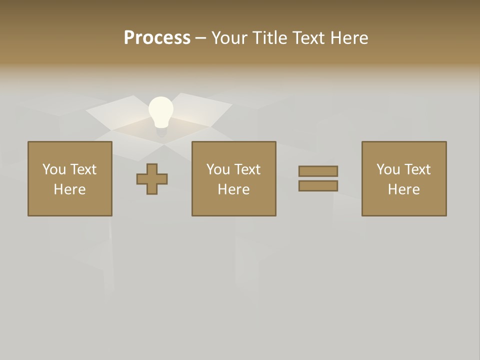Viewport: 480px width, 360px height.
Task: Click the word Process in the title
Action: [x=157, y=38]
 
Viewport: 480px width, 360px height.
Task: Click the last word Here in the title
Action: [x=348, y=38]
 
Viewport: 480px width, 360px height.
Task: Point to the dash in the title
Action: [x=200, y=38]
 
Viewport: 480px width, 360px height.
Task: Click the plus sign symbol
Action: [x=152, y=179]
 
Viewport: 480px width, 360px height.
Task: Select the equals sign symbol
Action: [x=318, y=178]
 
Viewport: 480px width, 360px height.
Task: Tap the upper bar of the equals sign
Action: [x=318, y=171]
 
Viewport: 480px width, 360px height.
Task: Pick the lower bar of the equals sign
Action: [x=318, y=185]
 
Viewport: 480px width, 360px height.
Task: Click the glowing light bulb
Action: [x=161, y=112]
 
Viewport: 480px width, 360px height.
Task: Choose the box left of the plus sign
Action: [x=70, y=178]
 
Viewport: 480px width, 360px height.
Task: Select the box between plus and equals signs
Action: [x=233, y=178]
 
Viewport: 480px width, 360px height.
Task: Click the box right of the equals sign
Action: [x=404, y=178]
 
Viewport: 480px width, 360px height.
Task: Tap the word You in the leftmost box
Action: [x=54, y=169]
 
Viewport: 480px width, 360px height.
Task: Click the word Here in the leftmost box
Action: [x=70, y=189]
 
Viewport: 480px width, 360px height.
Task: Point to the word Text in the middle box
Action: [x=247, y=169]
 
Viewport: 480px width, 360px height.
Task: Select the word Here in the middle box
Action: [x=233, y=189]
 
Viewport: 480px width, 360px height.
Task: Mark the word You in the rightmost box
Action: [x=388, y=169]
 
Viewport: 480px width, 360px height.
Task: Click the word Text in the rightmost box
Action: [x=417, y=169]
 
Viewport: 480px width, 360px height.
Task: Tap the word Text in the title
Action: [x=307, y=38]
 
